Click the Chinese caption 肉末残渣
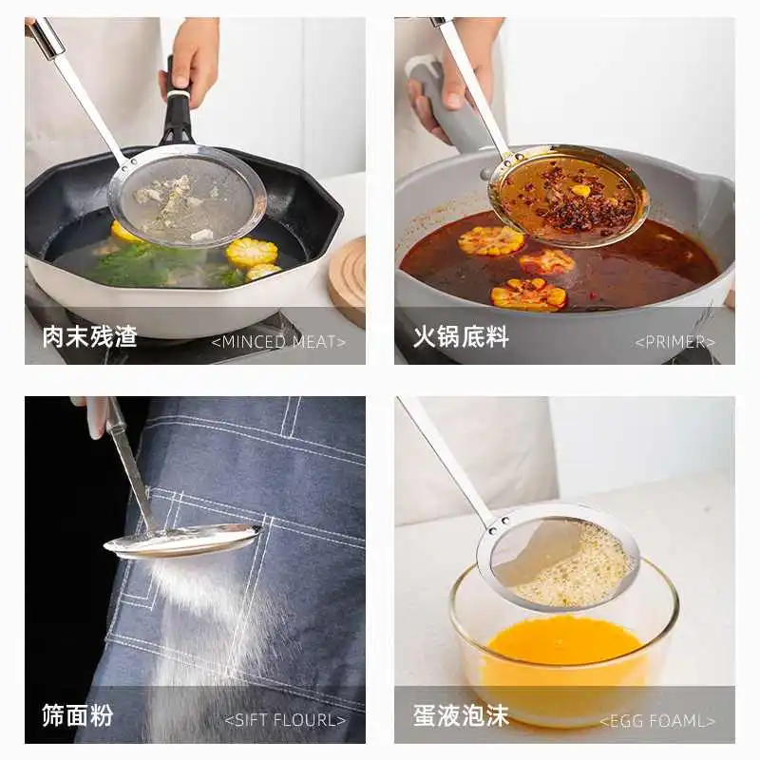(89, 336)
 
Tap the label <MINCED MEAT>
(278, 342)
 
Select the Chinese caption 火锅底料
(461, 336)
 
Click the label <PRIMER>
(674, 342)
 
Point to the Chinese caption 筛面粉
(77, 715)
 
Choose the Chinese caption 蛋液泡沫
(461, 715)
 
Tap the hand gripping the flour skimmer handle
(96, 414)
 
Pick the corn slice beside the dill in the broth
(252, 252)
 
